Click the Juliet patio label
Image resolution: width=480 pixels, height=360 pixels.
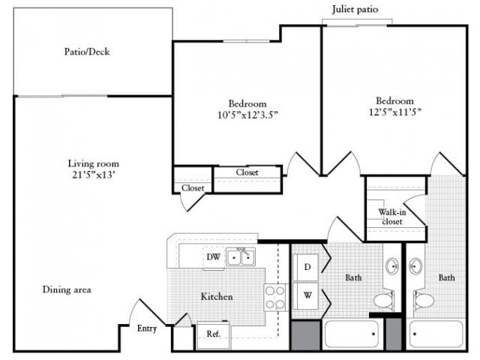356,10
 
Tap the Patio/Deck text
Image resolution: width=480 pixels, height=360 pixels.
87,52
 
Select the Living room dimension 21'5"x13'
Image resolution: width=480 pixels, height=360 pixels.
94,175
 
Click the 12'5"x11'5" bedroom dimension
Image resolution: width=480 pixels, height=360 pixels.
395,112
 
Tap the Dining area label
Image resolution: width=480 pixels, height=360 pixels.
67,289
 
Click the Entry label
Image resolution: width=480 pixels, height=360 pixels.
146,328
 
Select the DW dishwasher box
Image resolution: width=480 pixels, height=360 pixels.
212,257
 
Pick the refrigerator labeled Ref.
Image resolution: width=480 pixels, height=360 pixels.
213,334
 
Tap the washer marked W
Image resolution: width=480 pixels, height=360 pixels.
305,295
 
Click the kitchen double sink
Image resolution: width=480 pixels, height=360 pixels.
241,257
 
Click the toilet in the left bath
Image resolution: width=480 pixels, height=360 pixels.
384,301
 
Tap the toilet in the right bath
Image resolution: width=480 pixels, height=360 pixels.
424,301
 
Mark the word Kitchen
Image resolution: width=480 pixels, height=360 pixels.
216,297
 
